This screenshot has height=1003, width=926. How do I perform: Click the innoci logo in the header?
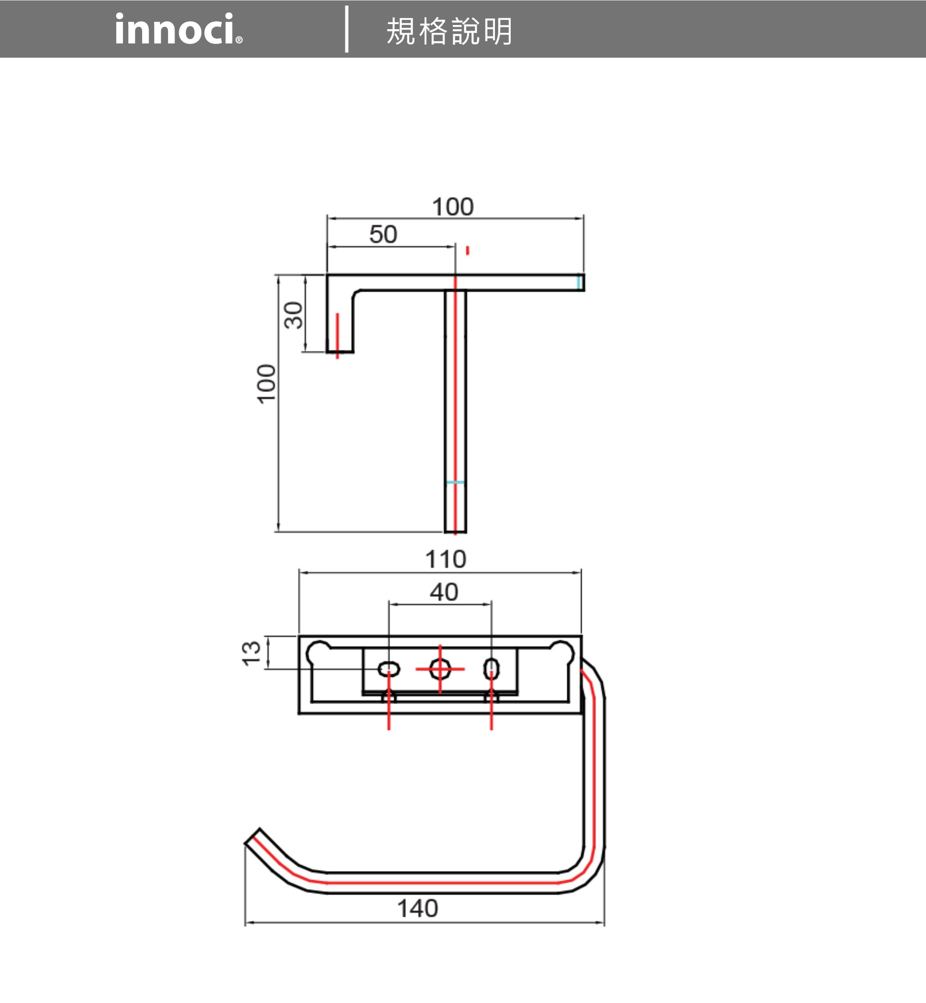(x=179, y=29)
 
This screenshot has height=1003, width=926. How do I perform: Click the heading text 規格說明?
(x=449, y=31)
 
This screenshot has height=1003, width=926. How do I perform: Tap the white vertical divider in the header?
(x=347, y=29)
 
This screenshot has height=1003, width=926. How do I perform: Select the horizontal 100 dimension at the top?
(x=452, y=206)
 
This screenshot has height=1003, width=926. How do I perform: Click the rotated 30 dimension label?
(x=294, y=315)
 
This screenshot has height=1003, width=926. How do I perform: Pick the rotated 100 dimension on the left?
(x=266, y=384)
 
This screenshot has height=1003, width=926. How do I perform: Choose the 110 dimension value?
(x=445, y=559)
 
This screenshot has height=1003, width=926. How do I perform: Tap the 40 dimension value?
(x=444, y=592)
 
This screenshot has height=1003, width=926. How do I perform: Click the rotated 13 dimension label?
(x=251, y=653)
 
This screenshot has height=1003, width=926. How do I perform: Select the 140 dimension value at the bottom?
(x=418, y=908)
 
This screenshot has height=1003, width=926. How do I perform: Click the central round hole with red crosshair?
(x=440, y=669)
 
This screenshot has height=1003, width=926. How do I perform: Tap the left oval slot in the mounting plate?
(x=389, y=669)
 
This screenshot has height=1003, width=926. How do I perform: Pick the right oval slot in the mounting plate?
(x=491, y=669)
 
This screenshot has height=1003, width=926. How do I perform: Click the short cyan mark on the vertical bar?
(x=455, y=482)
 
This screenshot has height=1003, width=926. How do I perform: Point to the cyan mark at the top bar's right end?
(x=579, y=282)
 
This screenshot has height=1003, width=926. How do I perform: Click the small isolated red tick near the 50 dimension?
(x=468, y=250)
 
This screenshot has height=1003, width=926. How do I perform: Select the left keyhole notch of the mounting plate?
(x=318, y=652)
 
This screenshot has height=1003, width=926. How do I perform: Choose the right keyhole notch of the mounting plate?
(x=562, y=652)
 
